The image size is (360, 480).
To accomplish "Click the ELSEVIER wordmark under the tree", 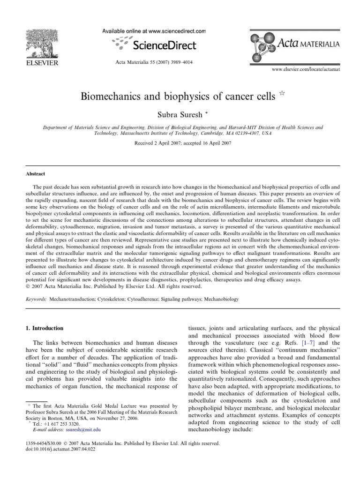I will [41, 63].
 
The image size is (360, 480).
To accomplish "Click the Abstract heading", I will [36, 173].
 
